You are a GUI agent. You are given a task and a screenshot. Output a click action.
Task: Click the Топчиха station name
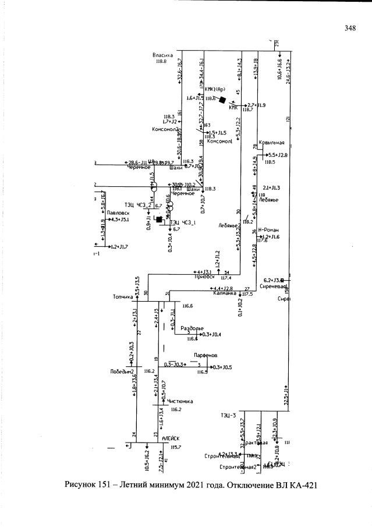tap(123, 296)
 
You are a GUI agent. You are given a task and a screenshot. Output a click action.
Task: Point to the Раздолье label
tap(192, 328)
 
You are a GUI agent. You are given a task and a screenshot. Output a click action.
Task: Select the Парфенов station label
tap(204, 355)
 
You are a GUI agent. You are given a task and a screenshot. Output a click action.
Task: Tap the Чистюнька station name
tap(180, 401)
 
